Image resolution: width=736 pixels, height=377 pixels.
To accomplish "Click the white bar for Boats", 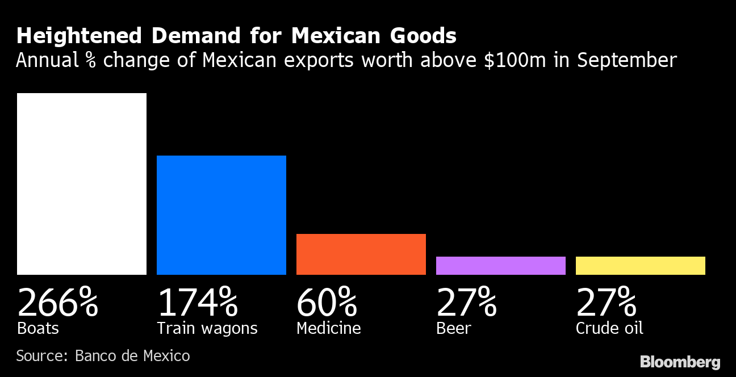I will click(x=82, y=183).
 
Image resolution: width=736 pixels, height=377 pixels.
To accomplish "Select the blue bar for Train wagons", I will click(x=221, y=215).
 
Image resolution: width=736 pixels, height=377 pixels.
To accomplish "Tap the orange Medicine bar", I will click(x=361, y=254).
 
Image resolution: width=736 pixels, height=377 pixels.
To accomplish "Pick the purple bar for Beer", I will click(x=501, y=266).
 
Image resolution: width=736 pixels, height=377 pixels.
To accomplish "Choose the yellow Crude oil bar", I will click(x=641, y=266).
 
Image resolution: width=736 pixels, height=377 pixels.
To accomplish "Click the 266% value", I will click(x=57, y=302).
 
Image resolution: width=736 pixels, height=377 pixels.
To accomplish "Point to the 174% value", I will click(x=197, y=302).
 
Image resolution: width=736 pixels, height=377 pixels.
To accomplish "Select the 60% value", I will click(x=327, y=302).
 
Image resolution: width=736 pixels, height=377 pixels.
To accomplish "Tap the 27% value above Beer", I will click(x=466, y=302).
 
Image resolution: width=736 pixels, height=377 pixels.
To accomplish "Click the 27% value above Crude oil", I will click(x=606, y=302).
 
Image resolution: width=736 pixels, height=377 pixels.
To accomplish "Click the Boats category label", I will click(x=38, y=328).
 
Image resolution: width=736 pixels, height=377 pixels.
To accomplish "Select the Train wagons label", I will click(x=207, y=328).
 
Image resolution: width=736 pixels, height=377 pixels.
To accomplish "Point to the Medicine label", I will click(x=328, y=328).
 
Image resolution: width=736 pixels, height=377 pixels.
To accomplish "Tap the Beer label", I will click(x=453, y=328).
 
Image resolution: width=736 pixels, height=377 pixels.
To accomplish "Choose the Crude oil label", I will click(x=609, y=328).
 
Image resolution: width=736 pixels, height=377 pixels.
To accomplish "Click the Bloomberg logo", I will click(x=680, y=362).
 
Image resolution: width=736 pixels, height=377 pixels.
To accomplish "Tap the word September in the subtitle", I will click(x=627, y=61).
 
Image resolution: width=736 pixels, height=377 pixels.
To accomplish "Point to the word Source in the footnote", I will click(x=41, y=356).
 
